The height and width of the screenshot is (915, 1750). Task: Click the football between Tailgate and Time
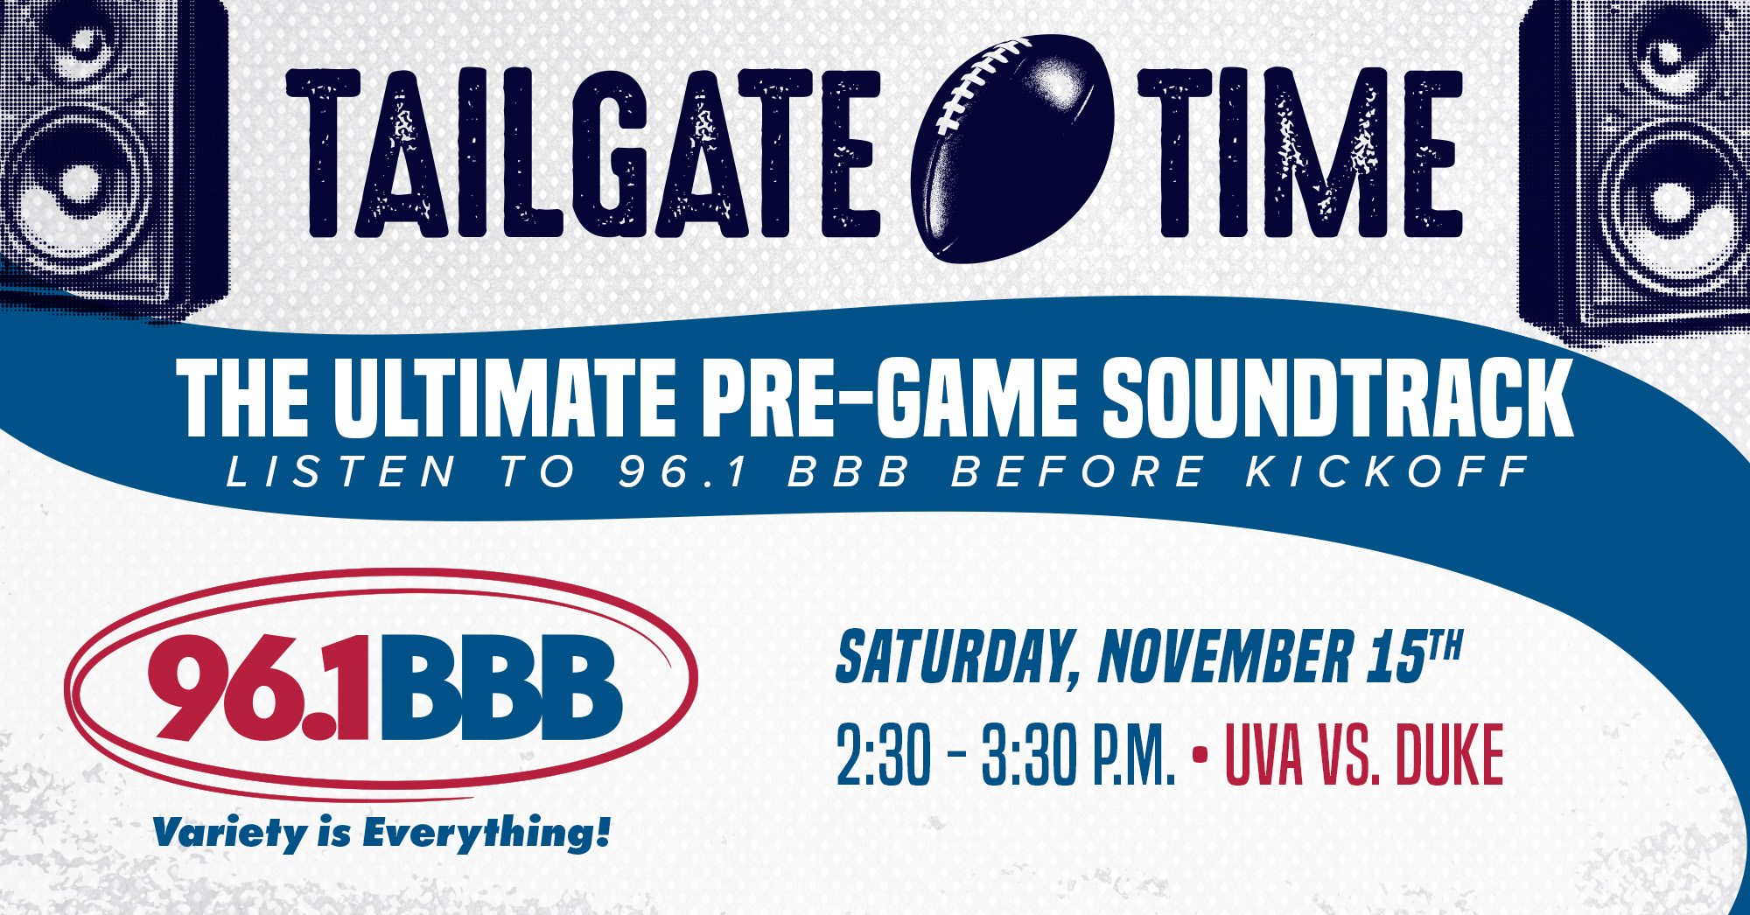(1013, 149)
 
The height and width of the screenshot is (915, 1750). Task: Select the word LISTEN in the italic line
(341, 472)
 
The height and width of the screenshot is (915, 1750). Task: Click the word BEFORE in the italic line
(1078, 472)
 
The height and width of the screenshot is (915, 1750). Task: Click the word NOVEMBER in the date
(1225, 657)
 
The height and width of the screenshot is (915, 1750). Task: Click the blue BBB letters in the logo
(499, 691)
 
